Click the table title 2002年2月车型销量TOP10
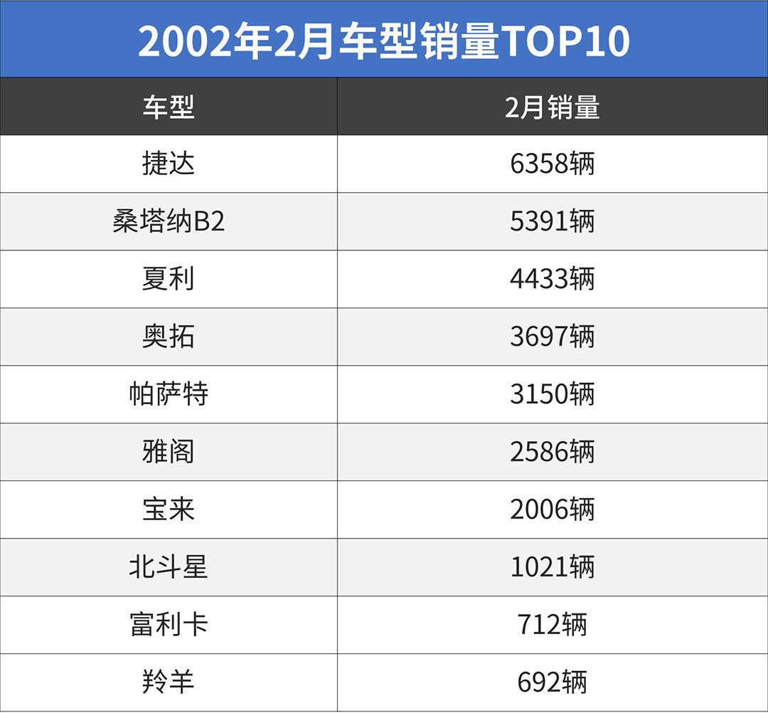click(x=384, y=41)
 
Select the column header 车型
click(x=169, y=107)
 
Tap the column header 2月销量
click(x=553, y=107)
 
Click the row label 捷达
click(x=169, y=164)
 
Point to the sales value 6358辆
click(x=553, y=164)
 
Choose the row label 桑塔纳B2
click(x=169, y=222)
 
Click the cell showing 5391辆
click(x=553, y=222)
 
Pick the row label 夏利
click(x=169, y=280)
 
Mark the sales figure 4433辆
click(x=553, y=280)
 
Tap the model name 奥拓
click(x=169, y=337)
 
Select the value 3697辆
click(x=553, y=337)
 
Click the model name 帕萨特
click(x=169, y=395)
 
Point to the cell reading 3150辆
click(x=553, y=395)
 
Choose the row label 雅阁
click(x=169, y=453)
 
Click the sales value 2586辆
click(x=553, y=453)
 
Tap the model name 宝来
click(x=169, y=510)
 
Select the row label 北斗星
click(x=169, y=568)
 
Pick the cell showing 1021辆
click(x=553, y=568)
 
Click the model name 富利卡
click(x=169, y=625)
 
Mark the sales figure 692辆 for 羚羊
click(x=553, y=683)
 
